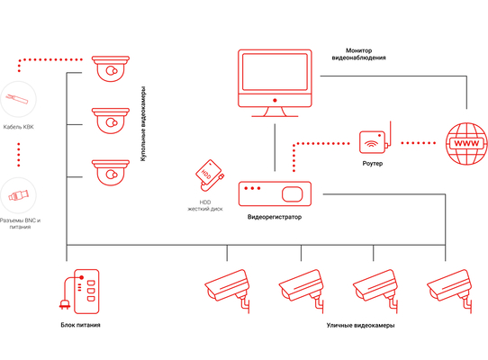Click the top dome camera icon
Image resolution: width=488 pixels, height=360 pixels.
(111, 68)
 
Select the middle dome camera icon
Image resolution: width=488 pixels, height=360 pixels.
(111, 121)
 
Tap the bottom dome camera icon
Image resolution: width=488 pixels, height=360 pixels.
(111, 173)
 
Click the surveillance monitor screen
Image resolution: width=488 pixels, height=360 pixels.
(275, 72)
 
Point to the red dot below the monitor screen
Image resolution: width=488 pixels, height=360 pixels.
(275, 100)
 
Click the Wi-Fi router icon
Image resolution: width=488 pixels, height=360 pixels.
(375, 139)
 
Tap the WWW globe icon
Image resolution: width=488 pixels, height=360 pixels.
(466, 143)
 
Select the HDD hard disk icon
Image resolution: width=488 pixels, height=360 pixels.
(210, 175)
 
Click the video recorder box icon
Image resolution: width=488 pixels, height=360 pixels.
(275, 193)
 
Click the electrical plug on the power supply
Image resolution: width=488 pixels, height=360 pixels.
(65, 304)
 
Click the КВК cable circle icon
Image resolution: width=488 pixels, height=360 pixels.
(18, 99)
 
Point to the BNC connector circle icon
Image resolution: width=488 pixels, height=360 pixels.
(18, 195)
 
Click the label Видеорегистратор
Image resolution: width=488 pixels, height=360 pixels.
(275, 217)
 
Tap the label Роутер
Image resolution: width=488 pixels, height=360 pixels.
(373, 164)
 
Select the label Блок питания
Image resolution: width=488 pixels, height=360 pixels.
(80, 325)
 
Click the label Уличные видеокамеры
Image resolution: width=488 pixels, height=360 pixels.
(360, 326)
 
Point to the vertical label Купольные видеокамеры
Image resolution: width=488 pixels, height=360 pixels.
(143, 124)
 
